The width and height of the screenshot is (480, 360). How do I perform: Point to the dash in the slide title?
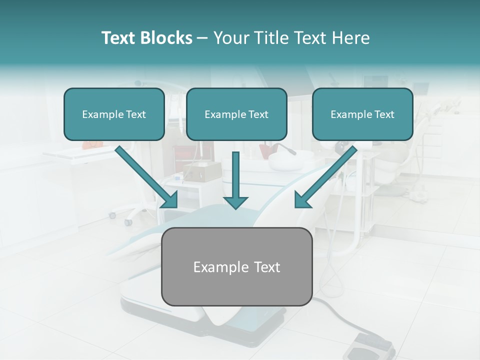pos(202,38)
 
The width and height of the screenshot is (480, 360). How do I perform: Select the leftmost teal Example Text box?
pos(114,114)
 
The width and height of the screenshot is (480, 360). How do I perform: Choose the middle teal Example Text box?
pos(236,114)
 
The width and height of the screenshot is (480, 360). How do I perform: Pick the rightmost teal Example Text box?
pos(362,114)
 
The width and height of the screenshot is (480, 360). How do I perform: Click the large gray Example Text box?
pos(236,266)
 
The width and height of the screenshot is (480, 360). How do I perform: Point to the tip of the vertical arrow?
pos(235,207)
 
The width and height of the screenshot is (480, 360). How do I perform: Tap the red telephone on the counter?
pos(92,144)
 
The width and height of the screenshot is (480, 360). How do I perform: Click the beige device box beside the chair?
pos(195,171)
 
